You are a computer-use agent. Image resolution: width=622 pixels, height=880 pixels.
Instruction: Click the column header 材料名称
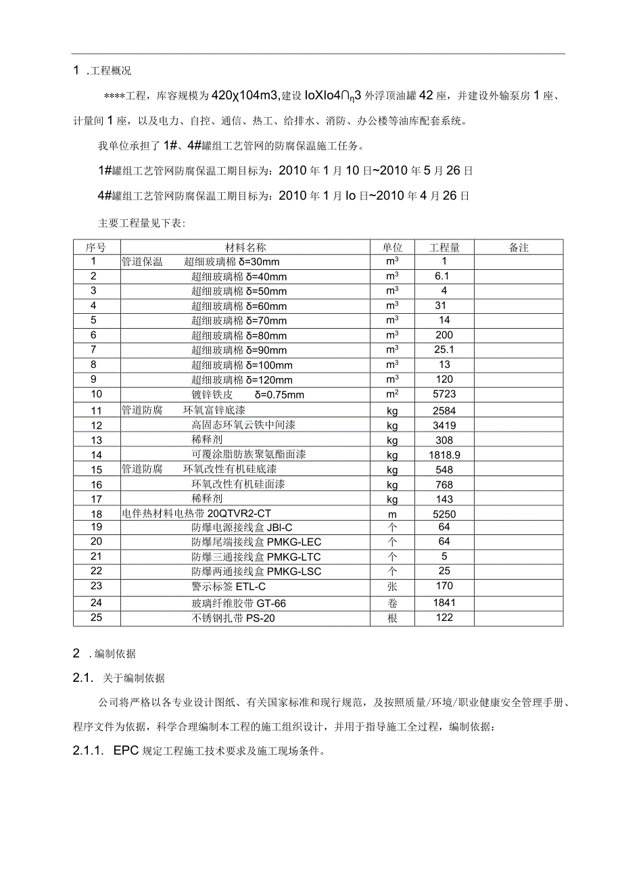(x=245, y=248)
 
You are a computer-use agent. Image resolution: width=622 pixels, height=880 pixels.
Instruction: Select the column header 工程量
(x=444, y=248)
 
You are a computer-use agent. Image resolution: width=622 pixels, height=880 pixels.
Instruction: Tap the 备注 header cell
(x=519, y=248)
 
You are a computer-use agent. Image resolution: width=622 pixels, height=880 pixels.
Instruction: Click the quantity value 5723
(x=444, y=394)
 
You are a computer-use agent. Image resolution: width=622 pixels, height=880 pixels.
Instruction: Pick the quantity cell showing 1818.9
(x=444, y=455)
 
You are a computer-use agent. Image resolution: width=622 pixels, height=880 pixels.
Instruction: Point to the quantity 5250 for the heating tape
(x=444, y=514)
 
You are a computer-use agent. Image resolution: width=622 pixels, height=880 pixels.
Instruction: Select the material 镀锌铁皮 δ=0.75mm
(x=247, y=395)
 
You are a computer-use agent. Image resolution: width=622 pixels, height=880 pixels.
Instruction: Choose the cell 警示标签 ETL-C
(x=229, y=586)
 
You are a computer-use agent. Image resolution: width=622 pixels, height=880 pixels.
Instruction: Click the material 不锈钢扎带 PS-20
(x=233, y=618)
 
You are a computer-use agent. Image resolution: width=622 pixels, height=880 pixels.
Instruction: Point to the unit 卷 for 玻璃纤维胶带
(x=392, y=603)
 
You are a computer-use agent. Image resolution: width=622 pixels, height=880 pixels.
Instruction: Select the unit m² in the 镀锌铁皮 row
(x=392, y=394)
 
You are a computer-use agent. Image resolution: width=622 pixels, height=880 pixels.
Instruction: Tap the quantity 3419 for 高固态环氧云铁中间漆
(x=444, y=425)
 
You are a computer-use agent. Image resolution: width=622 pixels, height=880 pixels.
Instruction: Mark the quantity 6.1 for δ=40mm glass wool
(x=443, y=276)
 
